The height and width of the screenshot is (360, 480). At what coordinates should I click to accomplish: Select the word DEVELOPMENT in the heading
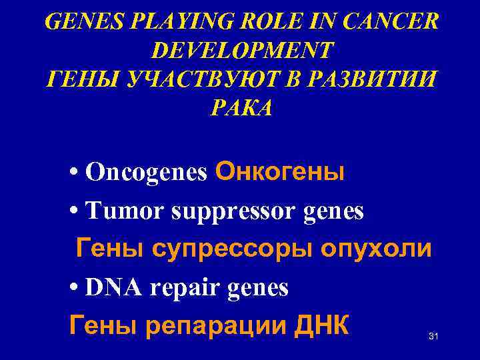(x=243, y=50)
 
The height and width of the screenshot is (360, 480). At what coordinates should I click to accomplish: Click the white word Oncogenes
(x=147, y=173)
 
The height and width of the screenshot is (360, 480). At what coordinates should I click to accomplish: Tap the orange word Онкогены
(x=280, y=172)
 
